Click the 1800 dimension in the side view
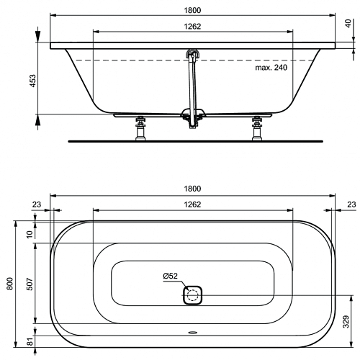[x=192, y=10]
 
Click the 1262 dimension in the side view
[x=192, y=27]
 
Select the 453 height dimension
[x=32, y=81]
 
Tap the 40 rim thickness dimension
[x=348, y=23]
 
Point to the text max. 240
[x=271, y=68]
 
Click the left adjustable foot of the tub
[x=140, y=128]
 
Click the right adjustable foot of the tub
[x=257, y=128]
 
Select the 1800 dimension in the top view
[x=192, y=189]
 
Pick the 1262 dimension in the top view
[x=192, y=204]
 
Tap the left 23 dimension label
[x=37, y=204]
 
